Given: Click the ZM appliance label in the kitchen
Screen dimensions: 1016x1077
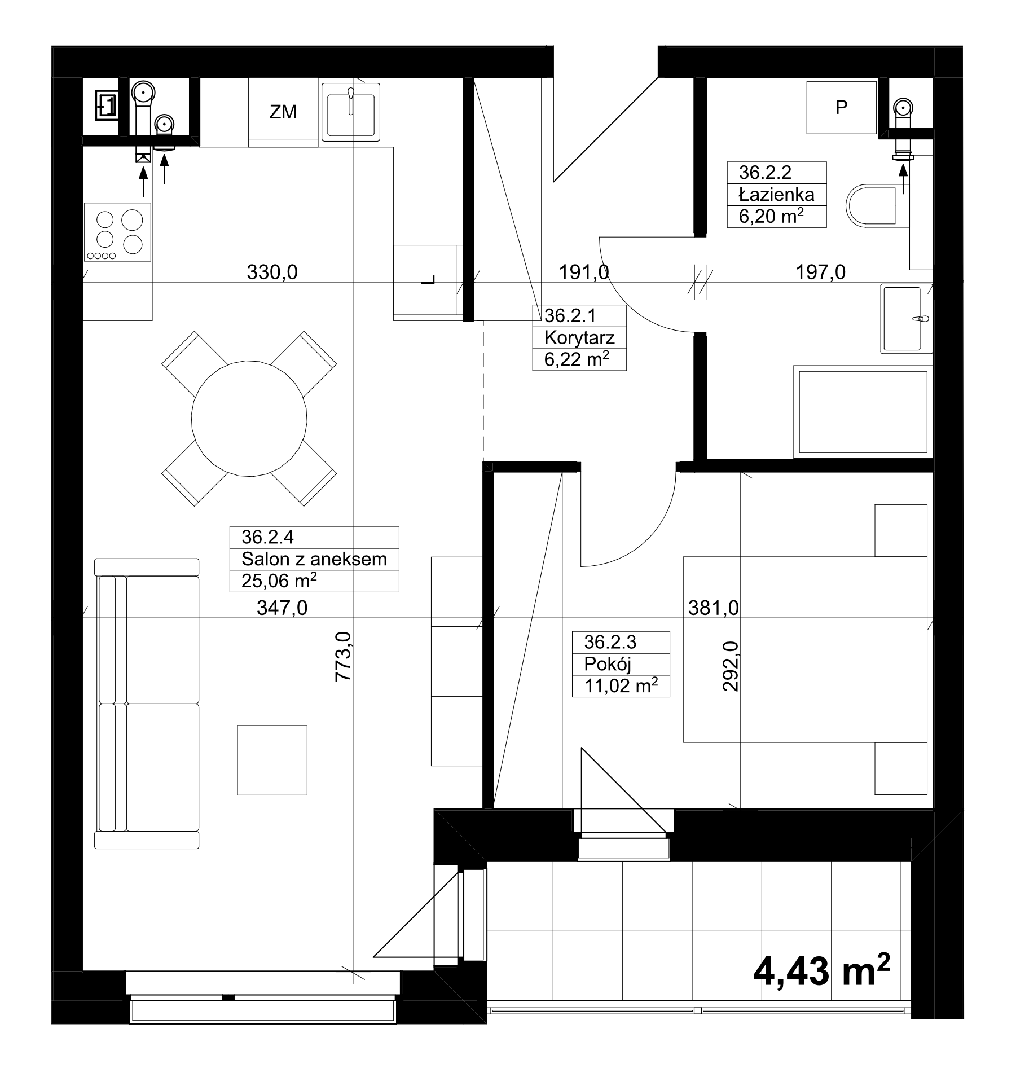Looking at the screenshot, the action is point(283,112).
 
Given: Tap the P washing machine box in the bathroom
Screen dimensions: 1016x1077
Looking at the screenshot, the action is point(841,107).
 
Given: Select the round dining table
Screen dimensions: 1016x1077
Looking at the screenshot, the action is point(249,418).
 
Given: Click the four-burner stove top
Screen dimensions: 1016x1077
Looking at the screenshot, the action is point(117,232).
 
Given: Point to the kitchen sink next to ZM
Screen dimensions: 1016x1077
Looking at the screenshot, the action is point(350,112).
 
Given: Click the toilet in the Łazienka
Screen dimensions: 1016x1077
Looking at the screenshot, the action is point(872,205).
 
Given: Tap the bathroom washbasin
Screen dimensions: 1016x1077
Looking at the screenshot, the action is point(905,318).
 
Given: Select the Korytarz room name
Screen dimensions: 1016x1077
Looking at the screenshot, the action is point(579,338).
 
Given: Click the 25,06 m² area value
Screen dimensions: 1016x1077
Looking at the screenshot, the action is point(279,580).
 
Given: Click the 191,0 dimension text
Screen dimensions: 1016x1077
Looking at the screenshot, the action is point(584,272).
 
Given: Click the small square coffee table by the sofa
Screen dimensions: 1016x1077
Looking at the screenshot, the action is point(272,760).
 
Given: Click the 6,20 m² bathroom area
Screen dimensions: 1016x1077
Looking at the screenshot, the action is point(771,216).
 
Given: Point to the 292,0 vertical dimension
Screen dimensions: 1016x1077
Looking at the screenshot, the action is point(731,666).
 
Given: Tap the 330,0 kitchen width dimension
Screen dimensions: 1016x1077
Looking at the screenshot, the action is point(272,272).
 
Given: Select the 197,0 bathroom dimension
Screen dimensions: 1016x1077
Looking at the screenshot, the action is point(820,272).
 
